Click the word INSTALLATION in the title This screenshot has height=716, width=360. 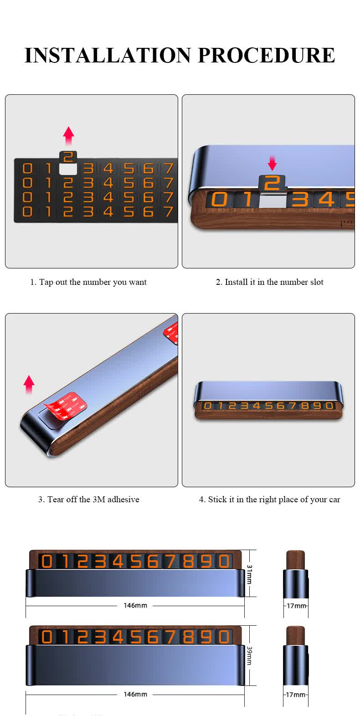108,55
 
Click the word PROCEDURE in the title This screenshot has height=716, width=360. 266,55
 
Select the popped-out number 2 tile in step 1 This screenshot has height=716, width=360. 68,157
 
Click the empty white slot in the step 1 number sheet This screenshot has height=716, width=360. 68,169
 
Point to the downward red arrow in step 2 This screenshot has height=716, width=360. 272,163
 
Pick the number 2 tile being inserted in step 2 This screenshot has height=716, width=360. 272,183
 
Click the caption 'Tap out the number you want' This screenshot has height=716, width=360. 88,282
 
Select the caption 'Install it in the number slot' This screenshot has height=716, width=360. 269,282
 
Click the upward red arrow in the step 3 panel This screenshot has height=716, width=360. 29,385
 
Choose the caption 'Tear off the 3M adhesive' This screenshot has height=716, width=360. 88,500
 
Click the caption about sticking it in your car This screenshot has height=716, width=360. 269,500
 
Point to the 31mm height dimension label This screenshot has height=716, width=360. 249,574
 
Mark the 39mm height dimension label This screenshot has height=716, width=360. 249,655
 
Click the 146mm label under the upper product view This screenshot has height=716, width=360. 135,606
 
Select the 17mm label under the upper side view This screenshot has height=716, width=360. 296,606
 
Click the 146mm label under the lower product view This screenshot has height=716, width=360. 135,694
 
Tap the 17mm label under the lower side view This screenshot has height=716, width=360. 296,695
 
